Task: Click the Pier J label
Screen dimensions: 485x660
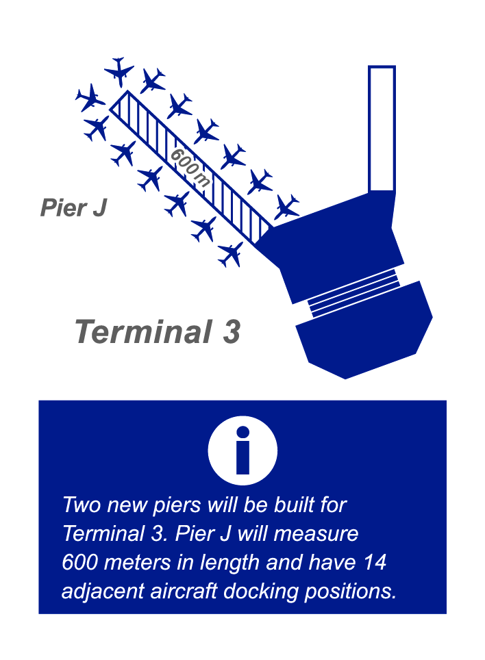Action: (74, 208)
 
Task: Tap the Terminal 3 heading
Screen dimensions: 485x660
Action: (158, 331)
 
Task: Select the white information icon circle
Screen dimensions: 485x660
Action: (242, 450)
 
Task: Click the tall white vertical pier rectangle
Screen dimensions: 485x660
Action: (382, 129)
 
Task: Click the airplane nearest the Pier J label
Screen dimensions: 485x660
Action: (97, 129)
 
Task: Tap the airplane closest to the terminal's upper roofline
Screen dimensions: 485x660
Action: (287, 207)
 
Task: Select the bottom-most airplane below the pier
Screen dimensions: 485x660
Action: (231, 254)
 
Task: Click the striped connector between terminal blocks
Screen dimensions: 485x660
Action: (353, 293)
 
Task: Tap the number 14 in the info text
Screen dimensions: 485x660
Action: (375, 562)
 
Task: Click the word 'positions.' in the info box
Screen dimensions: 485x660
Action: (351, 592)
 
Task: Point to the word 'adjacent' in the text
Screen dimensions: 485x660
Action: (103, 592)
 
